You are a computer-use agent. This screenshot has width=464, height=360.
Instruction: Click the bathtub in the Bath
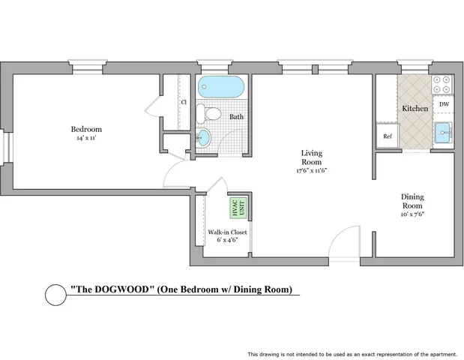click(221, 87)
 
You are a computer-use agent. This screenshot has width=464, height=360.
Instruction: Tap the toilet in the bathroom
click(208, 114)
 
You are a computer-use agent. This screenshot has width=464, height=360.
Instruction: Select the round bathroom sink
click(203, 137)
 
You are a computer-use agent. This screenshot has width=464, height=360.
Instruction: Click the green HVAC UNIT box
click(238, 208)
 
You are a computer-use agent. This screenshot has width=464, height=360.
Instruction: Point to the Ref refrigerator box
click(388, 136)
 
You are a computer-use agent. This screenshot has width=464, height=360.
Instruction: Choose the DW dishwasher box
click(444, 104)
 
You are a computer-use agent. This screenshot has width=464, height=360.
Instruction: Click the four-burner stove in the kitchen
click(442, 84)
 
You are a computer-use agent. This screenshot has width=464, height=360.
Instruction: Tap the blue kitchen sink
click(443, 133)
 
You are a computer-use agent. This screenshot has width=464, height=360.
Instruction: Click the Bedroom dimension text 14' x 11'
click(86, 138)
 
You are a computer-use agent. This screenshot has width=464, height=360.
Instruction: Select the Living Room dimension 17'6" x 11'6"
click(311, 170)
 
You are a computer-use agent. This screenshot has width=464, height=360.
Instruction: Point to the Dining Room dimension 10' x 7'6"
click(412, 214)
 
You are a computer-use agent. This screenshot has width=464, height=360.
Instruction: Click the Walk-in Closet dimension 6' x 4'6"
click(227, 240)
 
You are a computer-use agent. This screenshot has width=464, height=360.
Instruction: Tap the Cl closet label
click(184, 102)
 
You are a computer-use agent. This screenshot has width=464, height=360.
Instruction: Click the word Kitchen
click(415, 109)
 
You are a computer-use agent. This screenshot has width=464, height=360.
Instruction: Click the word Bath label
click(236, 117)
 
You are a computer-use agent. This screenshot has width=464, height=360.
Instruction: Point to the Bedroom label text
click(86, 129)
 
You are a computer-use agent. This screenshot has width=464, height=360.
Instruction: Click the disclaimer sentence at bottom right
click(352, 354)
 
